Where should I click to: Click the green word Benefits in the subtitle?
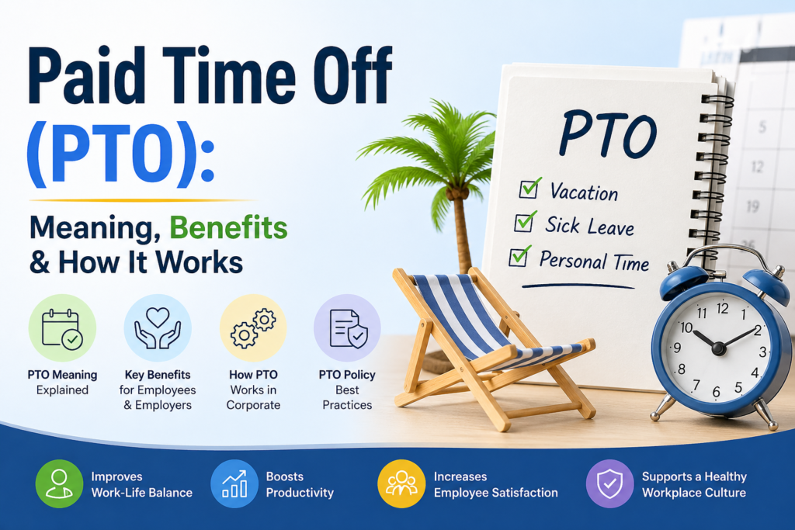(x=229, y=229)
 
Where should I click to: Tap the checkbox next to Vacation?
(x=531, y=189)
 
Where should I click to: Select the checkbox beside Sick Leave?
(x=524, y=223)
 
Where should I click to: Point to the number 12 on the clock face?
(x=723, y=308)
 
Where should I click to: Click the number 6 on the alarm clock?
(x=716, y=390)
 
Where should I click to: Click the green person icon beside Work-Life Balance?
(x=59, y=483)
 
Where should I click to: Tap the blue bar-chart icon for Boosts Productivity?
(x=234, y=483)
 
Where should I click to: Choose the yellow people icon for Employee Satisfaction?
(x=401, y=483)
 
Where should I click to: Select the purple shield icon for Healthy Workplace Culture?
(x=609, y=483)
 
